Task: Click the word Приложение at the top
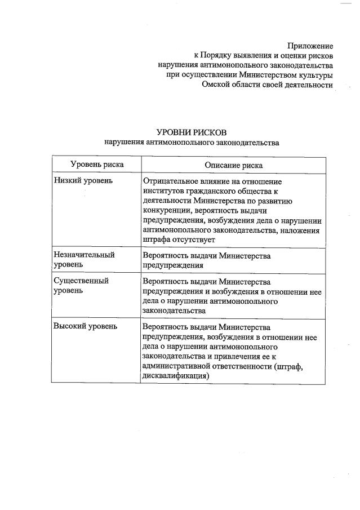pos(310,46)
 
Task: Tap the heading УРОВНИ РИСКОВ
pos(191,132)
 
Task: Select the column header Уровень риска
pos(97,165)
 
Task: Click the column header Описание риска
pos(233,165)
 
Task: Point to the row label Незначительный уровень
pos(84,259)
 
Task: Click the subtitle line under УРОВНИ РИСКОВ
pos(192,143)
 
